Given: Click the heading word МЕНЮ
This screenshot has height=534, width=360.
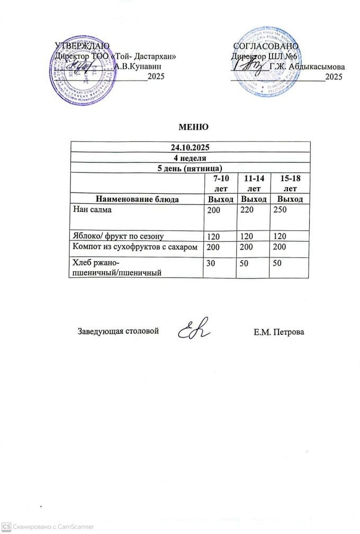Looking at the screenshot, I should coord(191,127).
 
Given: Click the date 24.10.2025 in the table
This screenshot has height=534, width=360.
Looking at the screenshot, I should coord(191,147).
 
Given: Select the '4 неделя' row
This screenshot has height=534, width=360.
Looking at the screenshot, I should coord(191,158).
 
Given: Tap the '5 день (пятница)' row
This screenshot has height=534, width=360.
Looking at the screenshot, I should coord(191,168).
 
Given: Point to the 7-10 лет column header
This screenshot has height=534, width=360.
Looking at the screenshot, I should coord(220,183).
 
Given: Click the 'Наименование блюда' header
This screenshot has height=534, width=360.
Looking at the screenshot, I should coord(137,199).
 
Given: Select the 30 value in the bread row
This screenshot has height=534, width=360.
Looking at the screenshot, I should coord(211,263).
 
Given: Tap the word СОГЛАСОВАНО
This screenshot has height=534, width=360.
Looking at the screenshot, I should coord(266,46).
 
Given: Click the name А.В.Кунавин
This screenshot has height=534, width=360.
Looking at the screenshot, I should coord(138,66).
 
